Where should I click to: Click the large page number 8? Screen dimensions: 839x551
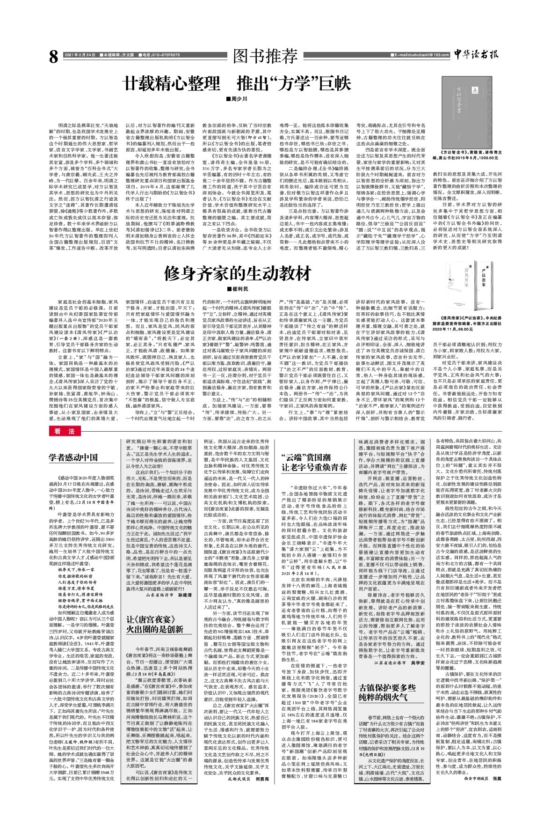pyautogui.click(x=53, y=57)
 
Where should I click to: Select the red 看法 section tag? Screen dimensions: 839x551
pyautogui.click(x=62, y=431)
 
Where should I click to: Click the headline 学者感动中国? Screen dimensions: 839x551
pyautogui.click(x=73, y=457)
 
